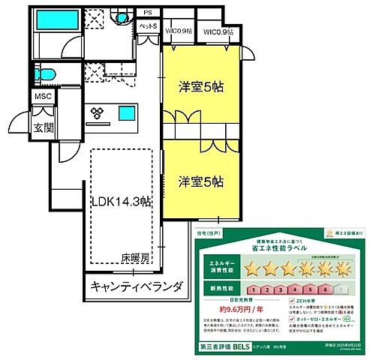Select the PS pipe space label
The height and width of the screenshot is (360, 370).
[x=148, y=13]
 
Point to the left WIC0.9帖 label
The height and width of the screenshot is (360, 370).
[x=177, y=31]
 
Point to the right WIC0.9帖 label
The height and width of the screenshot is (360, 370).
[x=219, y=31]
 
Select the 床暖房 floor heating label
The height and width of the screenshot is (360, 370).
[x=135, y=257]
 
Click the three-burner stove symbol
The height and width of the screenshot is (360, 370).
[x=97, y=112]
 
